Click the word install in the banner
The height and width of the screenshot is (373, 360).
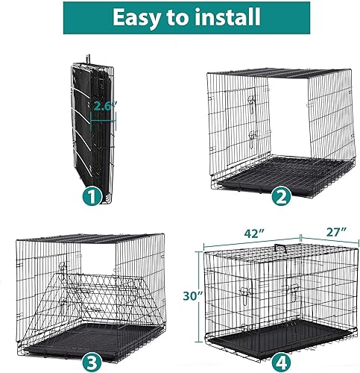pos(223,17)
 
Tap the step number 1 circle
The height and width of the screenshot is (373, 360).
pos(91,198)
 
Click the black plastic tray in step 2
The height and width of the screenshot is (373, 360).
pos(277,172)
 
